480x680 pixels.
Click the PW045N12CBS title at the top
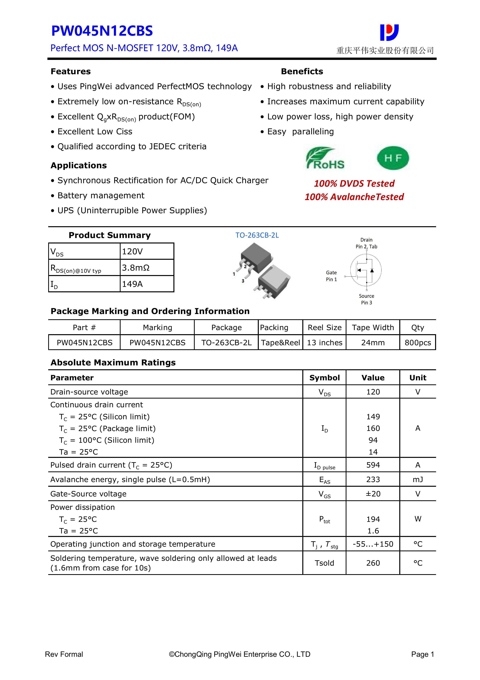102,31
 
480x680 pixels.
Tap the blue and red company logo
389,32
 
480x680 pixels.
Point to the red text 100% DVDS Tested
354,183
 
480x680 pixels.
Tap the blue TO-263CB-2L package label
257,235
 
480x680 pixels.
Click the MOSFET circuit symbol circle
366,270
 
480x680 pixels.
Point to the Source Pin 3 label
366,299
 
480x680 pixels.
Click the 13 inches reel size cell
324,343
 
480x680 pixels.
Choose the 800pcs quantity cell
418,343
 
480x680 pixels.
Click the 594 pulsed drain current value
373,465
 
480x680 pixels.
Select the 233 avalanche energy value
373,480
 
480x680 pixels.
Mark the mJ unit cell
418,480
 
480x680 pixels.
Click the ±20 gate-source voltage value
373,494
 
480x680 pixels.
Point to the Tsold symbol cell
324,563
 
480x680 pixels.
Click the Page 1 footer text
422,654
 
